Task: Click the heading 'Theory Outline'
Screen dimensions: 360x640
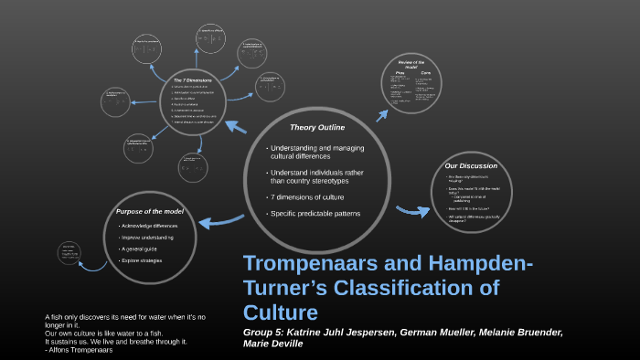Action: (x=315, y=127)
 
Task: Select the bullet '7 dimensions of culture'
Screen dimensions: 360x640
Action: (x=308, y=198)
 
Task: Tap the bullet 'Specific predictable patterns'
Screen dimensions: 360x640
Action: (x=316, y=214)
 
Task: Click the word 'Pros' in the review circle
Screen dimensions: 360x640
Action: (x=400, y=70)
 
